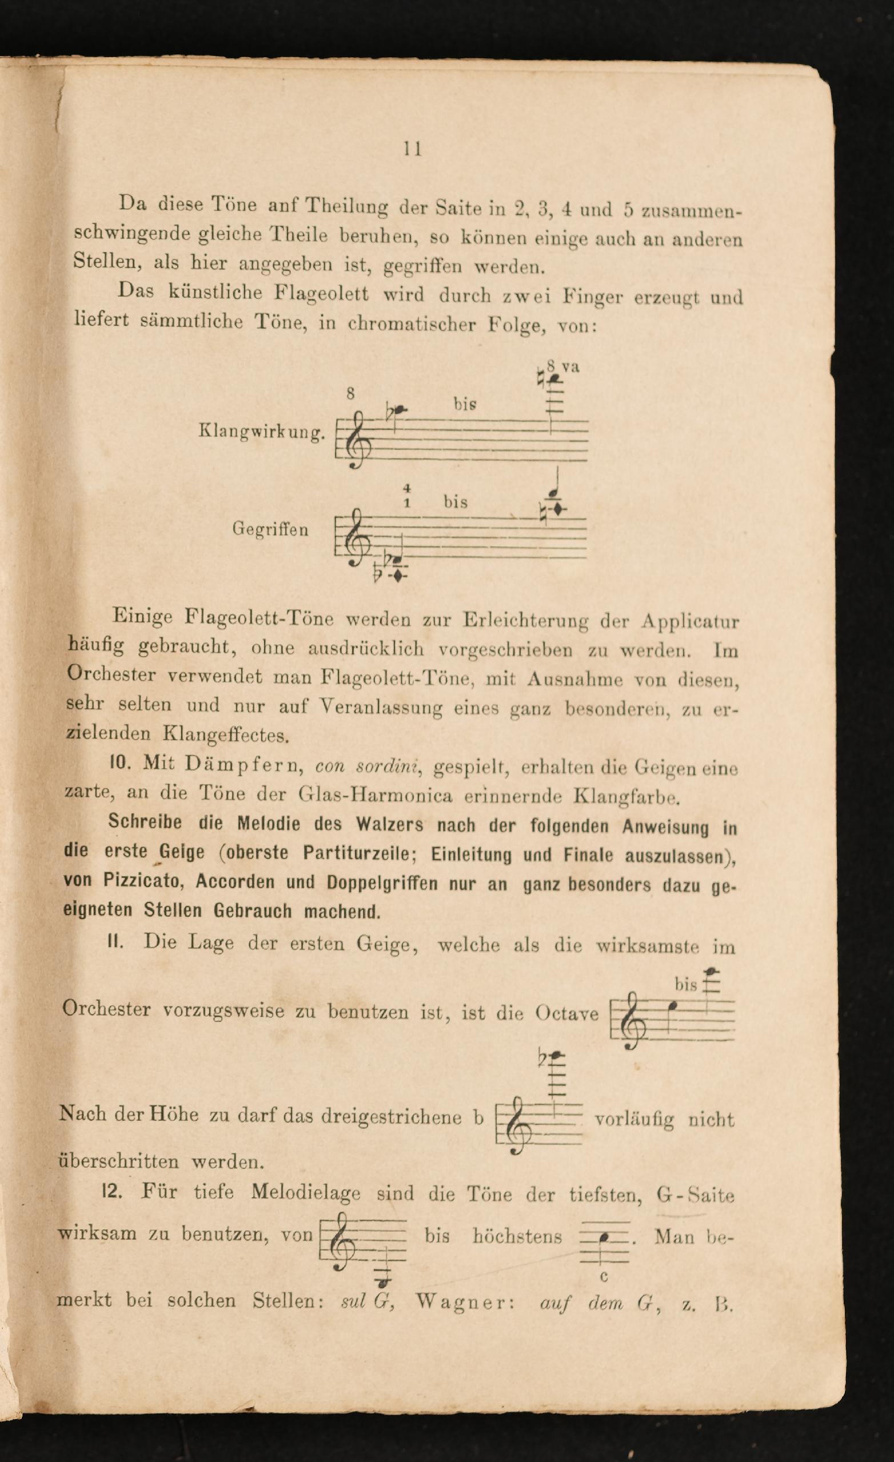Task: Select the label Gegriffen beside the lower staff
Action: [x=270, y=529]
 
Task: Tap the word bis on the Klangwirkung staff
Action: [x=465, y=404]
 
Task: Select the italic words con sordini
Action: [x=367, y=766]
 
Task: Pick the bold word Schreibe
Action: [x=145, y=822]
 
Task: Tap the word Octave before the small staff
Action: [x=566, y=1013]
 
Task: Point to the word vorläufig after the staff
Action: [x=633, y=1119]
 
